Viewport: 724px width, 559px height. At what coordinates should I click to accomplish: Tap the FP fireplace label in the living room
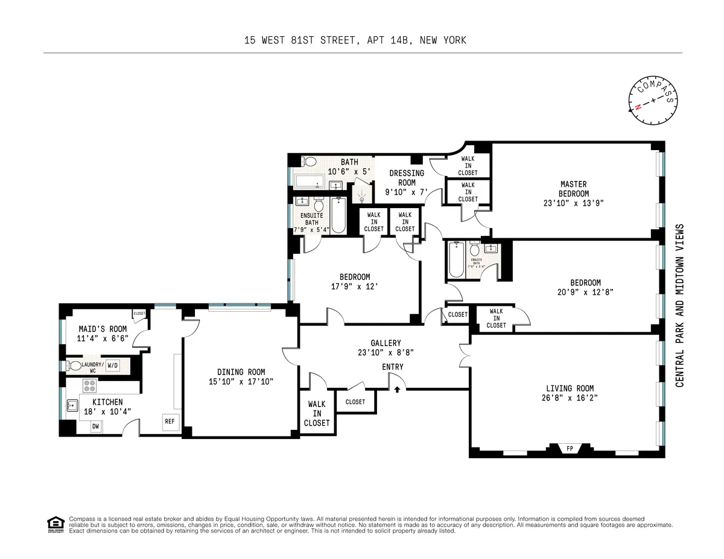tap(569, 449)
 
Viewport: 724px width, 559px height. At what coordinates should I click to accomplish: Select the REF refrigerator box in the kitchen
tap(170, 422)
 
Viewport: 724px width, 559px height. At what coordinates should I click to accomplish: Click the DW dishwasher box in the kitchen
tap(95, 427)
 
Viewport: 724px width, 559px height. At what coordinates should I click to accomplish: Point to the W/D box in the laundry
tap(113, 365)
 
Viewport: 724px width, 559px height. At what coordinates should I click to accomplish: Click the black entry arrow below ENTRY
tap(397, 390)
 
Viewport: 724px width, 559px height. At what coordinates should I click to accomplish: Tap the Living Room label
tap(570, 388)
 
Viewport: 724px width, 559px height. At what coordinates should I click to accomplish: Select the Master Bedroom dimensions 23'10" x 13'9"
tap(573, 203)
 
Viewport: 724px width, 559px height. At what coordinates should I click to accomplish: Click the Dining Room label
tap(241, 372)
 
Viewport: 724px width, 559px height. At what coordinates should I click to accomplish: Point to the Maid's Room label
tap(103, 329)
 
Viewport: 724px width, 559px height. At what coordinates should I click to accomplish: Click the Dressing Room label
tap(407, 178)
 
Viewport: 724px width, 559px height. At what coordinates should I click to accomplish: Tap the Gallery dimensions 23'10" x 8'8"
tap(386, 353)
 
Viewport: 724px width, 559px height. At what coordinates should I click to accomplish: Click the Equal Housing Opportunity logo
tap(56, 525)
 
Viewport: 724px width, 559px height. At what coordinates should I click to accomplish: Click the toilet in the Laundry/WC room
tap(74, 365)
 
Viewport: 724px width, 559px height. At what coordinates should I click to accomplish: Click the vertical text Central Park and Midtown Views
tap(679, 306)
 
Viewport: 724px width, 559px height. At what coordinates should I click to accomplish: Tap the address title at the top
tap(355, 40)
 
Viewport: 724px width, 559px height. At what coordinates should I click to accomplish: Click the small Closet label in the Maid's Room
tap(139, 314)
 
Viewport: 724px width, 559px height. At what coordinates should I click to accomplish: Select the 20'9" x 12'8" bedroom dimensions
tap(585, 292)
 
